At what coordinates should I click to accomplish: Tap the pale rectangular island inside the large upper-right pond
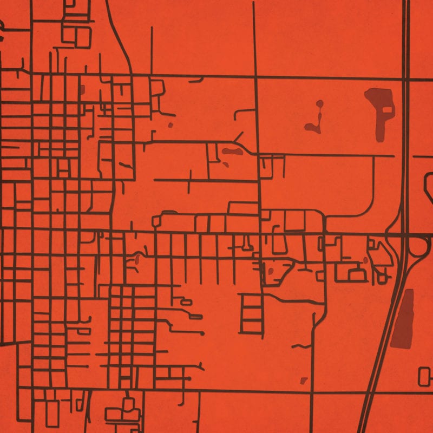point(386,109)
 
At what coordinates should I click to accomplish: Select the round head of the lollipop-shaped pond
point(320,103)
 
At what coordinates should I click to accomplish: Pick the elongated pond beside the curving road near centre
point(231,152)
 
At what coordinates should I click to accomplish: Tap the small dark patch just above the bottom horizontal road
point(304,380)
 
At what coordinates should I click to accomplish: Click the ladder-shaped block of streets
point(251,313)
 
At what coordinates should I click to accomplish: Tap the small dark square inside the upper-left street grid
point(82,89)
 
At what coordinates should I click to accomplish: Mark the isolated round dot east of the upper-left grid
point(170,125)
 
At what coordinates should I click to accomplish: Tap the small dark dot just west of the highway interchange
point(365,260)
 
